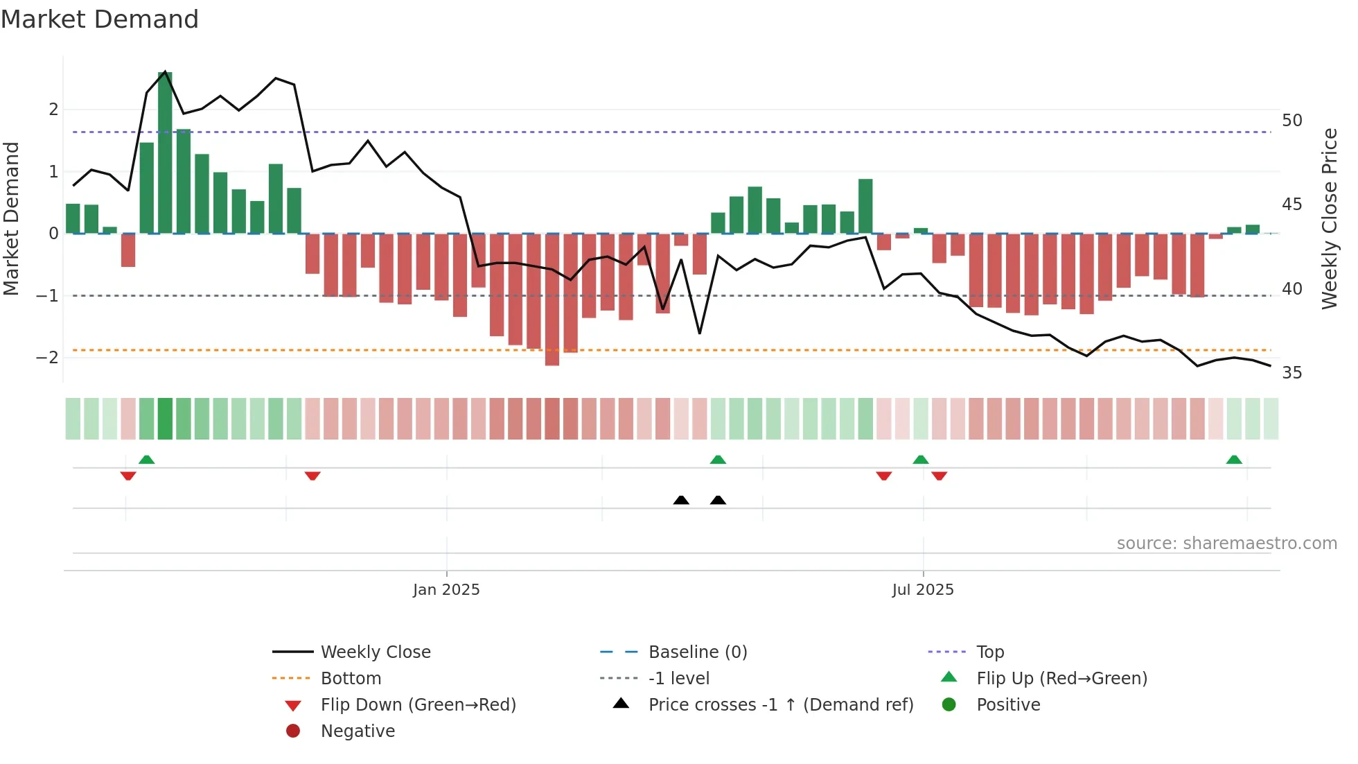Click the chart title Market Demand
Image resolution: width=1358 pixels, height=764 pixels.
click(x=100, y=19)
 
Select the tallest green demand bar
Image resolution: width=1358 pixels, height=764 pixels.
click(x=165, y=153)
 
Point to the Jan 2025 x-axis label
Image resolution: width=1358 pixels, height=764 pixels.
click(x=446, y=590)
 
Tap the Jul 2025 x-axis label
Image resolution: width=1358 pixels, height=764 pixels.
click(x=923, y=590)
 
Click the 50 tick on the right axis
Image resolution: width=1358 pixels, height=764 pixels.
click(x=1291, y=121)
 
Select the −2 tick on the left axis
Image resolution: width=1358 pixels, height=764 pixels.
click(x=47, y=358)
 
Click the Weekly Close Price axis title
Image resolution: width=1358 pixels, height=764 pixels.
click(x=1329, y=218)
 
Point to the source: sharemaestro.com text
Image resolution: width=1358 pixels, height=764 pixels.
click(x=1226, y=544)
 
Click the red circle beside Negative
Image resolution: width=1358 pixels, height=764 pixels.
click(x=293, y=731)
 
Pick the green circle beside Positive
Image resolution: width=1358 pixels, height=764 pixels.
click(x=949, y=705)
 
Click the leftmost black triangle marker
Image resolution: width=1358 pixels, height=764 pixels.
click(x=681, y=500)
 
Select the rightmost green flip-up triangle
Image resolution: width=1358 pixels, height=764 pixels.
click(x=1234, y=460)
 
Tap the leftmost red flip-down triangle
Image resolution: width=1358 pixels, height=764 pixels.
click(x=128, y=476)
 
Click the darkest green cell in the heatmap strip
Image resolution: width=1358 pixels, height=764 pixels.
click(x=165, y=419)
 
